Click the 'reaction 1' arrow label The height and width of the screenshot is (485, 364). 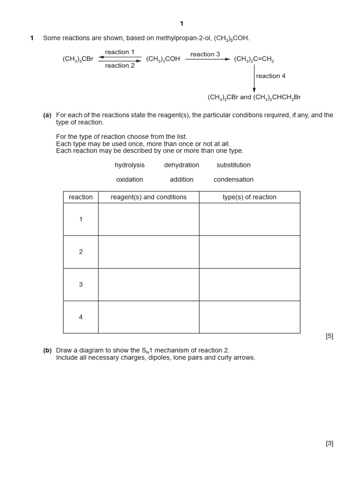pos(119,52)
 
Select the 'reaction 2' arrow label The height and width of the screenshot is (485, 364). pos(119,66)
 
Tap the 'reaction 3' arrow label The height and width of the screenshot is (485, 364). pos(205,54)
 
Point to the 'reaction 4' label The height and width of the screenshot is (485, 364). pos(271,76)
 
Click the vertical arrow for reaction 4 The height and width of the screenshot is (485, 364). pos(254,78)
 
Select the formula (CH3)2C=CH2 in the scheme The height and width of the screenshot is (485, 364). pos(254,60)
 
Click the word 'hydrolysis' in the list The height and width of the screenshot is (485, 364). pos(129,165)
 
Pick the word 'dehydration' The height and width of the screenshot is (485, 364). pos(182,165)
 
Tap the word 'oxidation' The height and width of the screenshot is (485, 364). pos(129,180)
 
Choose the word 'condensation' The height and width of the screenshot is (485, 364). pos(233,180)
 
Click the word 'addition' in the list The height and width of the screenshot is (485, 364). pos(182,180)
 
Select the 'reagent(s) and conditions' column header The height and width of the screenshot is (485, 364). pos(148,197)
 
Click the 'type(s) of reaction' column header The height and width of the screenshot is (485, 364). pos(249,197)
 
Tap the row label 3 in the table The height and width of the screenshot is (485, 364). pos(81,285)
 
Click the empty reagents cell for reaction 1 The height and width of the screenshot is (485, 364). pos(148,219)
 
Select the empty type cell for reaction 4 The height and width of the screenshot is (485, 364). pos(249,317)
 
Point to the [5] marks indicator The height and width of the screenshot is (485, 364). pos(329,336)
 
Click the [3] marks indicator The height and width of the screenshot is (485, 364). pos(329,443)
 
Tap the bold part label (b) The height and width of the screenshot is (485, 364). pos(47,350)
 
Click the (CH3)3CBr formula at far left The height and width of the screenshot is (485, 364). pos(78,59)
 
